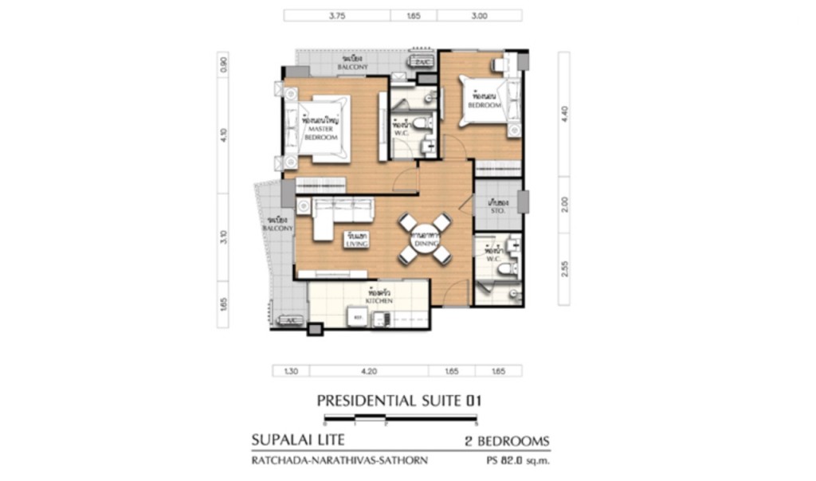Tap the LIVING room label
(x=356, y=240)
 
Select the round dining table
(x=420, y=238)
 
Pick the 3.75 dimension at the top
(x=336, y=14)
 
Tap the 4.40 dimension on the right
(x=564, y=112)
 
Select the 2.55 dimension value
(x=564, y=269)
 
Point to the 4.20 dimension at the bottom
(x=369, y=370)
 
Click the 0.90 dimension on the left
(x=224, y=65)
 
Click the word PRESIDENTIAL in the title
(x=366, y=401)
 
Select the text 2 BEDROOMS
(x=506, y=440)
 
